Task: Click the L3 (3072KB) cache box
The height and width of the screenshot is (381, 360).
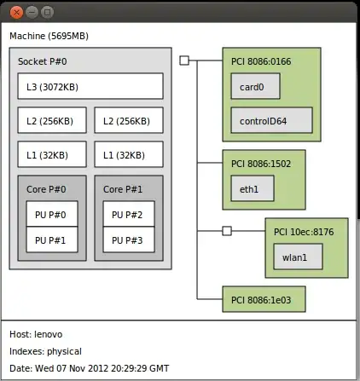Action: coord(90,86)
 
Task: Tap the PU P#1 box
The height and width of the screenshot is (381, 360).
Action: coord(51,240)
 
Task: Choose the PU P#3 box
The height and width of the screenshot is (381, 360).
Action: coord(128,240)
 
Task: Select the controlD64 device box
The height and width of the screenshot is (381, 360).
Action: coord(271,120)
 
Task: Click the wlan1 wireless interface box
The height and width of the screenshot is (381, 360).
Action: coord(298,257)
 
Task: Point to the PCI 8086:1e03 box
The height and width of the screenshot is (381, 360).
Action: coord(264,299)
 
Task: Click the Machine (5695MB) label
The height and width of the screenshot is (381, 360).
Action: coord(49,36)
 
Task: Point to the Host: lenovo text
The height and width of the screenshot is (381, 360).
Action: coord(36,334)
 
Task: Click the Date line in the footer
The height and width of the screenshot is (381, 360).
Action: coord(89,367)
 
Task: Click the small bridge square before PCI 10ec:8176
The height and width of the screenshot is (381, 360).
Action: coord(226,231)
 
